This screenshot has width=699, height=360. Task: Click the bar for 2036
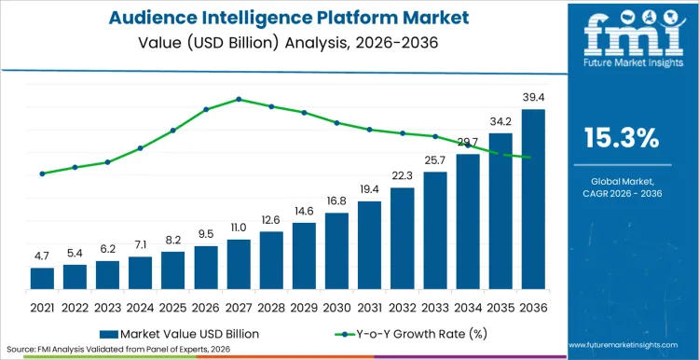533,201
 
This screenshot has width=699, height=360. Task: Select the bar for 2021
42,279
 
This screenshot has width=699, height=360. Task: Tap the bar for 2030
336,252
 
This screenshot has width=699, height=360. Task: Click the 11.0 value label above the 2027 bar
239,228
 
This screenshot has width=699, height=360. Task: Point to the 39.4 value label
533,98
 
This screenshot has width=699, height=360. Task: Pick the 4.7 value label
42,256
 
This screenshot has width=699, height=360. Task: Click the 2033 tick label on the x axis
435,307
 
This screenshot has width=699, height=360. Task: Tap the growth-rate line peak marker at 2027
239,99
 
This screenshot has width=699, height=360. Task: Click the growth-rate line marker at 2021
42,173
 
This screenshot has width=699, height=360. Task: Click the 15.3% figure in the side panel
621,138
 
